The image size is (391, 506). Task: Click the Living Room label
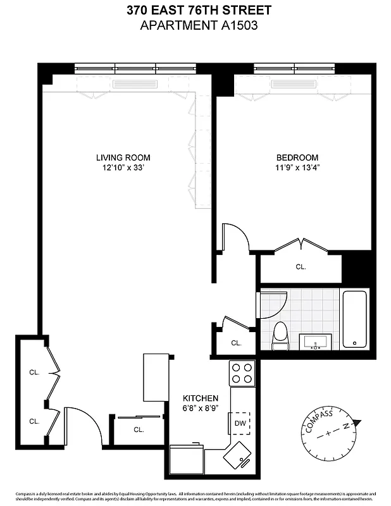(123, 157)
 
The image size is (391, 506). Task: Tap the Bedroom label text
(297, 157)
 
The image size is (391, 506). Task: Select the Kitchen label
(201, 398)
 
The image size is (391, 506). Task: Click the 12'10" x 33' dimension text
(123, 168)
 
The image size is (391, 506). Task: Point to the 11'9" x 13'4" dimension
(297, 168)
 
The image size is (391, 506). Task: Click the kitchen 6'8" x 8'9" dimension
(201, 409)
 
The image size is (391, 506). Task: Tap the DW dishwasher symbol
(240, 423)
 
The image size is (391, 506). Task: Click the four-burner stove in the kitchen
(241, 373)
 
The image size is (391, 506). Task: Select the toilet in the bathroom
(280, 335)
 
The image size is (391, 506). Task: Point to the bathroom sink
(314, 342)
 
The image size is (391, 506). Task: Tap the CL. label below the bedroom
(301, 267)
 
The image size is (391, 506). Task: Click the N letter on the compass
(347, 426)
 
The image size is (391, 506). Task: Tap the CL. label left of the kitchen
(139, 429)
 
